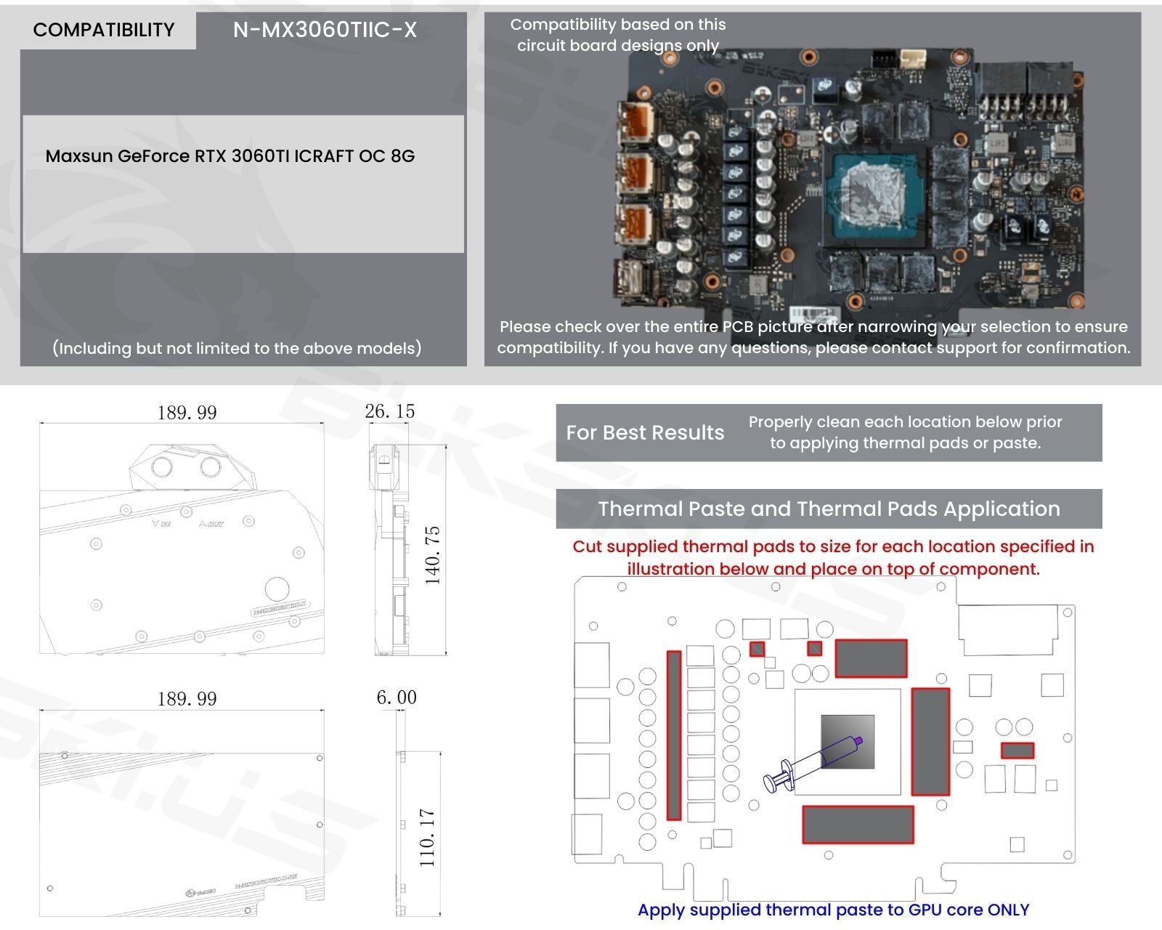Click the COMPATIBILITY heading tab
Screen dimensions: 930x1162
pos(104,30)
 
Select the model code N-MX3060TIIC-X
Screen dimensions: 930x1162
pos(325,30)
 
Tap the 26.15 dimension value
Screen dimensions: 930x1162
pos(389,411)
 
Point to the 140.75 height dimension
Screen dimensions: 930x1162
pos(433,556)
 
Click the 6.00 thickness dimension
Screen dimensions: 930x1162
pos(396,697)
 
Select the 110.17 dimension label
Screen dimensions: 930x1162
pos(427,837)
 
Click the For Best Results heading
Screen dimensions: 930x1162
pos(645,432)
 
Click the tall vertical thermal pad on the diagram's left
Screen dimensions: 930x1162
pos(674,735)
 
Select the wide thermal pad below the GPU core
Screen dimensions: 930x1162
pos(857,824)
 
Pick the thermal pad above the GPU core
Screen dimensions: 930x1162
pos(871,658)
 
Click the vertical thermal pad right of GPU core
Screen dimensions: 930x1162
pos(930,741)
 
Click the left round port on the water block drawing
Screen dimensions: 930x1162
pos(161,466)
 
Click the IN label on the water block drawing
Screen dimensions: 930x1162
pos(162,523)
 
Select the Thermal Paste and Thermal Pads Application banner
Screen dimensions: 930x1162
pos(829,509)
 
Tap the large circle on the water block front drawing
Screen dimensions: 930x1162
pos(277,589)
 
